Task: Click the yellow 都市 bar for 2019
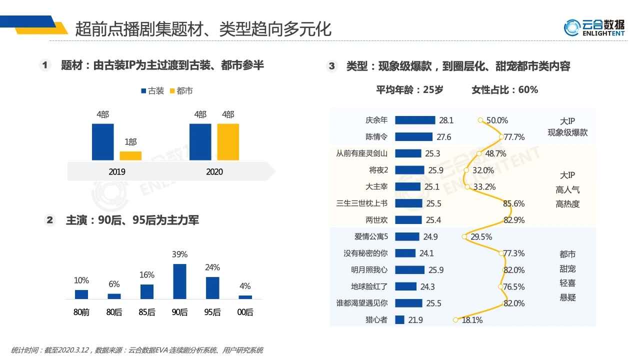(130, 155)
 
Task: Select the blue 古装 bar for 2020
(200, 142)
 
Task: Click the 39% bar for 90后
(179, 281)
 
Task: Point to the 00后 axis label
(245, 312)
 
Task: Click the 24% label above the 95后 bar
(212, 267)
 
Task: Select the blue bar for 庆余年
(415, 120)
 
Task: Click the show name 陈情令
(376, 136)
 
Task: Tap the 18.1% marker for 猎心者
(455, 320)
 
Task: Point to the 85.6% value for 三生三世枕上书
(513, 203)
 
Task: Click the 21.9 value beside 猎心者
(415, 320)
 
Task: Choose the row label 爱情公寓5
(371, 236)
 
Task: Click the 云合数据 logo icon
(571, 27)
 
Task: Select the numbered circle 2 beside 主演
(49, 220)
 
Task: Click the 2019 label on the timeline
(117, 172)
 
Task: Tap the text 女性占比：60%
(504, 90)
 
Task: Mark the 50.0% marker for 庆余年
(480, 120)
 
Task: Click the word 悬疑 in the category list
(567, 297)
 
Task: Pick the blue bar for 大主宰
(407, 186)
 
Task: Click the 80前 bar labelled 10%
(81, 294)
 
